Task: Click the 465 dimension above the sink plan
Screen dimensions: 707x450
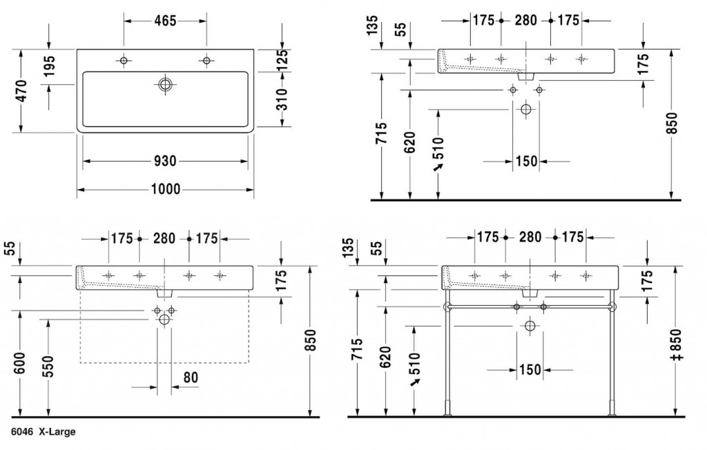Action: (165, 20)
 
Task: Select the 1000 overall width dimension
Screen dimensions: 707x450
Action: (166, 189)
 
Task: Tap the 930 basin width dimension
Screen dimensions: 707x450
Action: (165, 161)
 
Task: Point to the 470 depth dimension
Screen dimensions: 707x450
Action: (21, 91)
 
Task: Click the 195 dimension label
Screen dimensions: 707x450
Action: (49, 66)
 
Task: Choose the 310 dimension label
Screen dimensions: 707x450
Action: (282, 99)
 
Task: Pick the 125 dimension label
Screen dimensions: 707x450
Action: (282, 60)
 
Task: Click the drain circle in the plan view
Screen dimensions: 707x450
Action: (165, 84)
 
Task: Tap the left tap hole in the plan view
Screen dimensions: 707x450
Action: (123, 61)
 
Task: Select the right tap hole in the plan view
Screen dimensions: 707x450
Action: (206, 61)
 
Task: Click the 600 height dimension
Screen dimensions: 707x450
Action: (20, 364)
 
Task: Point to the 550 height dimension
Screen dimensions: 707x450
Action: (48, 366)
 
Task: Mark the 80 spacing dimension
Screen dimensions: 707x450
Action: (191, 378)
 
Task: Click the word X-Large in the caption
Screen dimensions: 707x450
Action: (57, 432)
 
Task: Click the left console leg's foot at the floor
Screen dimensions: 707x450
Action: (447, 414)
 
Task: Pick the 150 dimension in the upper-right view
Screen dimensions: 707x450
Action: (527, 161)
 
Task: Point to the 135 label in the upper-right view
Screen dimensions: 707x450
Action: (372, 26)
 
